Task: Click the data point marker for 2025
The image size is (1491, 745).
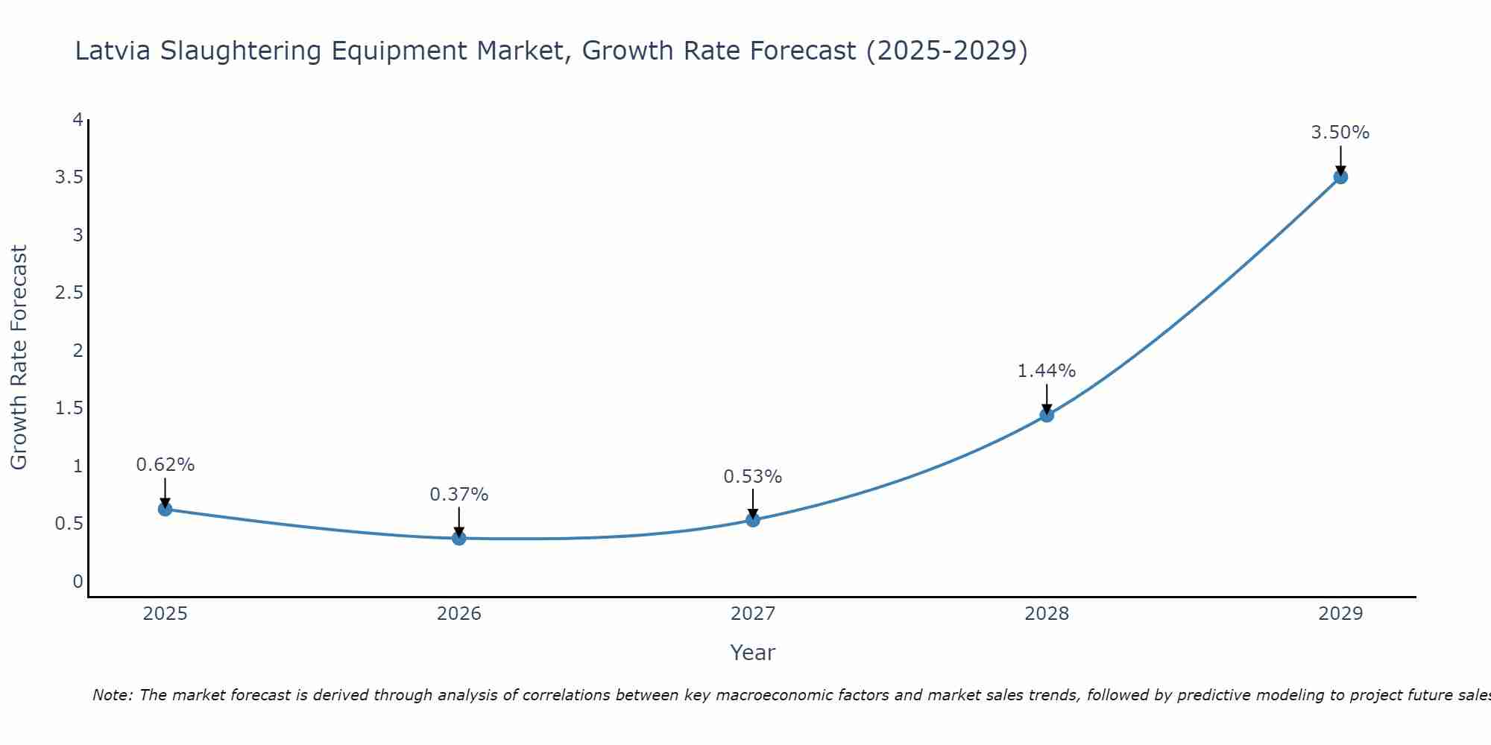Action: pyautogui.click(x=166, y=510)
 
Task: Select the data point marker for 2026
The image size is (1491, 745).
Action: pyautogui.click(x=459, y=538)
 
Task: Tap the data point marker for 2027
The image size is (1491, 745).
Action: pyautogui.click(x=753, y=520)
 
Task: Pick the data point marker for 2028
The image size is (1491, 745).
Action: pyautogui.click(x=1047, y=415)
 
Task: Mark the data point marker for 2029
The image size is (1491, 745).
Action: pyautogui.click(x=1340, y=177)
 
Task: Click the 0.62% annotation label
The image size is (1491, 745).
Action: pyautogui.click(x=166, y=465)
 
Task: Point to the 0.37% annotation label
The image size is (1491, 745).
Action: pyautogui.click(x=459, y=495)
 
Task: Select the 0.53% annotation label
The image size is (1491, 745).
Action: pyautogui.click(x=753, y=477)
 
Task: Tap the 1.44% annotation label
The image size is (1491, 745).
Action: pyautogui.click(x=1047, y=371)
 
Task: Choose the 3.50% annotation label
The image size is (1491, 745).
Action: pyautogui.click(x=1340, y=133)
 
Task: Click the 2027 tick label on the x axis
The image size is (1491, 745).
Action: pyautogui.click(x=753, y=614)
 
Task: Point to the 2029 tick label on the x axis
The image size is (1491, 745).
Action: pyautogui.click(x=1340, y=614)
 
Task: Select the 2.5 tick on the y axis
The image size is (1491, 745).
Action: pyautogui.click(x=69, y=293)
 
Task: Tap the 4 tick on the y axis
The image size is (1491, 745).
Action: pyautogui.click(x=78, y=120)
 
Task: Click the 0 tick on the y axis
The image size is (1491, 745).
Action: pyautogui.click(x=78, y=581)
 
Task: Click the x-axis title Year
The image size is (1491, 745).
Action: pyautogui.click(x=753, y=653)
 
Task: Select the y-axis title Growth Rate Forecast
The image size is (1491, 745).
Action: pyautogui.click(x=19, y=358)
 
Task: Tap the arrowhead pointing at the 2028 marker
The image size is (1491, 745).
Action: pyautogui.click(x=1047, y=408)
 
